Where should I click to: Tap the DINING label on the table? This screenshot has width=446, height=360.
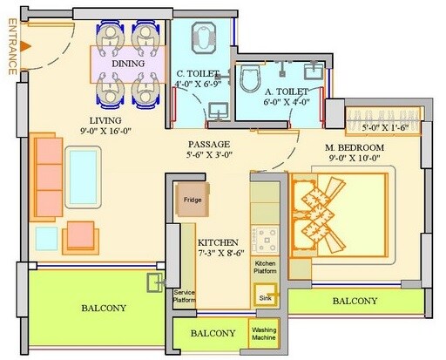(128, 64)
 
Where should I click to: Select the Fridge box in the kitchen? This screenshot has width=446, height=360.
(192, 200)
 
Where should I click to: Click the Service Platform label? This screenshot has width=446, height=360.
(185, 297)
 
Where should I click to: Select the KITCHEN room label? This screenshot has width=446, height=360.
(220, 242)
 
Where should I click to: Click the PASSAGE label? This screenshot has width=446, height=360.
(210, 145)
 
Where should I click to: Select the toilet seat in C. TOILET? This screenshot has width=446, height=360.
(202, 39)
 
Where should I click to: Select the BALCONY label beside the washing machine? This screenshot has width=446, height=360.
(213, 333)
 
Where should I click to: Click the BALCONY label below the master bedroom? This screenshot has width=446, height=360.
(355, 301)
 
